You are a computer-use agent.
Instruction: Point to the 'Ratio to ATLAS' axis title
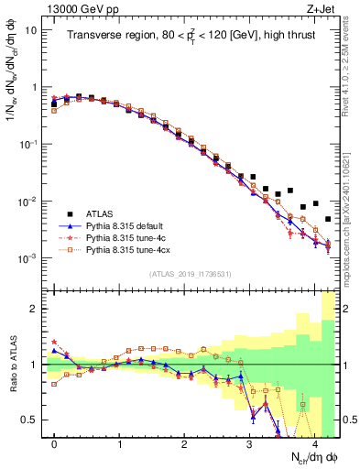(x=13, y=366)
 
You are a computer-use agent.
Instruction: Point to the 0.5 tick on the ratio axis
(x=33, y=420)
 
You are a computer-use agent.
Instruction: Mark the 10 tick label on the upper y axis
(x=31, y=29)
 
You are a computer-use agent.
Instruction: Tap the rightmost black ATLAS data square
(x=328, y=219)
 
